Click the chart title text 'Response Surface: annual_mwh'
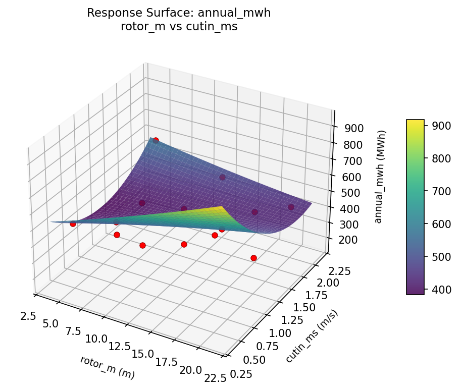179,13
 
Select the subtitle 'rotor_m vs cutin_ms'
179,27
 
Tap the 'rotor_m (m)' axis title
107,367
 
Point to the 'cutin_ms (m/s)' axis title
312,336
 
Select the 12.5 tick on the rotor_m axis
120,347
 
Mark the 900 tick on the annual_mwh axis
354,128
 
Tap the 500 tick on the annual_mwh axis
351,193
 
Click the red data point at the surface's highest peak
156,140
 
